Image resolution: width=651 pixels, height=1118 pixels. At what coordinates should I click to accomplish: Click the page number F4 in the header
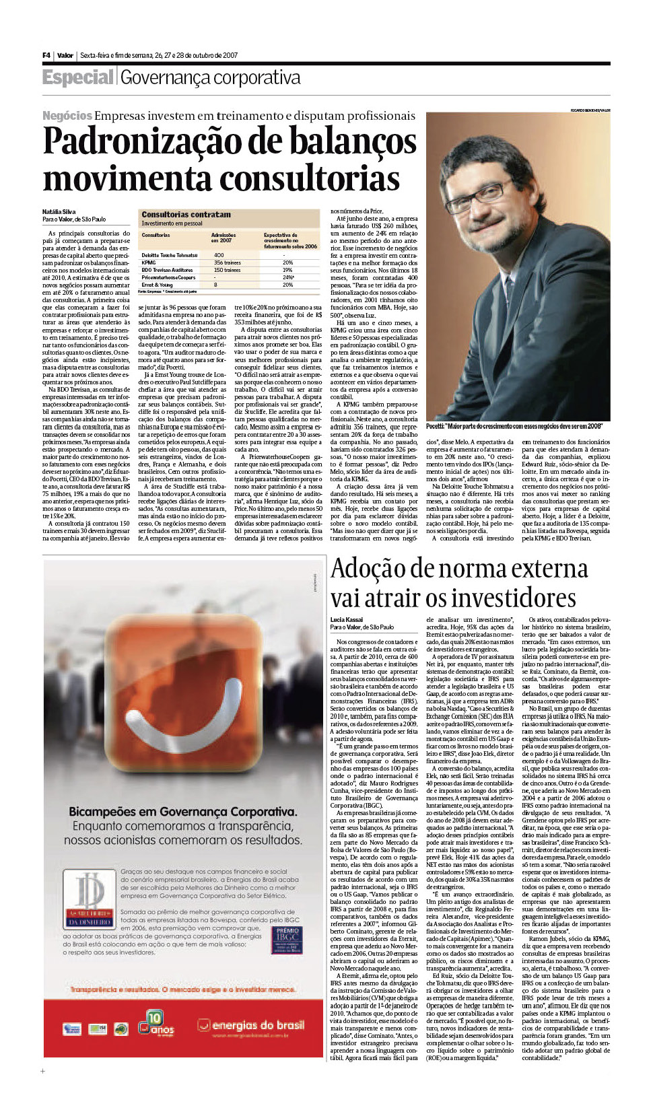click(46, 55)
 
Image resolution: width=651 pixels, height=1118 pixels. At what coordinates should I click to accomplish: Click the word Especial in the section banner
click(77, 77)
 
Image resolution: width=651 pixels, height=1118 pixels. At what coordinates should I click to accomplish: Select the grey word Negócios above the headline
click(67, 116)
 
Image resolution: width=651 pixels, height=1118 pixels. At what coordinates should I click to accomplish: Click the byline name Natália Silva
click(59, 211)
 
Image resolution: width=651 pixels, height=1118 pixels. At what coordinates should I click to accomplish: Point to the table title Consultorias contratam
click(186, 215)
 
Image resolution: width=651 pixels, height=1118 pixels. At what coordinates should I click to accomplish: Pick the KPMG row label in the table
click(149, 263)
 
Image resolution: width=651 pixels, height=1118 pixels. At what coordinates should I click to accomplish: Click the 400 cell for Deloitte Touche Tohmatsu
click(219, 255)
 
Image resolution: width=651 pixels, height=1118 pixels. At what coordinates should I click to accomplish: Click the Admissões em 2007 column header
click(224, 238)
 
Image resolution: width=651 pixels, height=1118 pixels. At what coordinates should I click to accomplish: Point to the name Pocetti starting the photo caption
click(435, 426)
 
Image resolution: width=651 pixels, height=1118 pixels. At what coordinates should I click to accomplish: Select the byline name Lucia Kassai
click(347, 620)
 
